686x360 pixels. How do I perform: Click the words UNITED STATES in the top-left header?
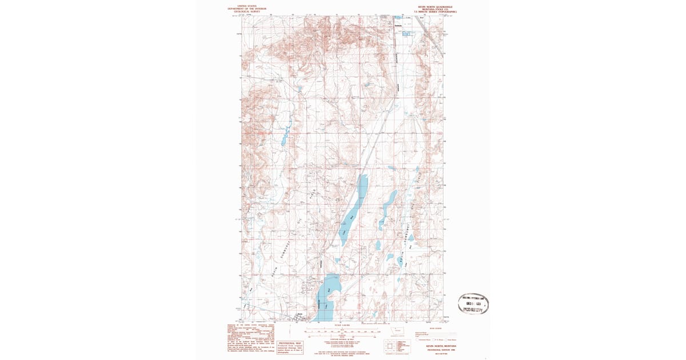click(244, 6)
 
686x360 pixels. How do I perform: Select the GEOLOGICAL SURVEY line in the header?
click(244, 11)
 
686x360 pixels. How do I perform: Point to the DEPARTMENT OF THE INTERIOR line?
click(244, 9)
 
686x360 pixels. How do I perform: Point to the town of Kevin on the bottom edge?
click(298, 317)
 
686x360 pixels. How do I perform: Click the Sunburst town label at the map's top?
click(398, 25)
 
